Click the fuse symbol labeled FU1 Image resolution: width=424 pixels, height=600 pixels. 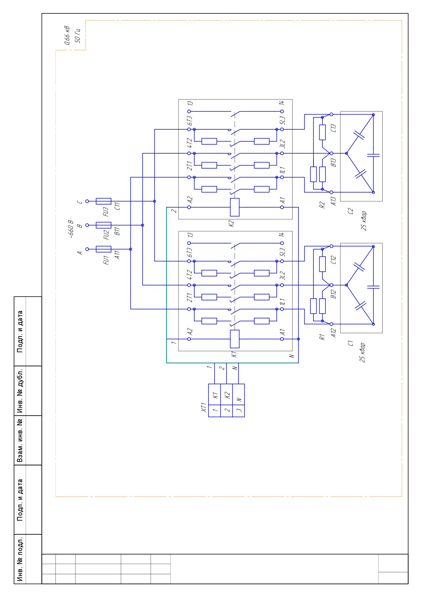pos(104,249)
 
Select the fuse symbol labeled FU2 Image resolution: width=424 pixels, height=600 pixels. pos(104,225)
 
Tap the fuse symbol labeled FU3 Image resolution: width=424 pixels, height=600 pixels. pos(104,201)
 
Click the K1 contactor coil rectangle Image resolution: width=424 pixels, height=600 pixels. pos(235,339)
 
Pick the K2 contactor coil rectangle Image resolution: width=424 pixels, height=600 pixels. pos(235,207)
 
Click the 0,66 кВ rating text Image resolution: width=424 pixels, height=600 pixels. pos(67,35)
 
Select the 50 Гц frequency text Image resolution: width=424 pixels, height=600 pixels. pos(77,35)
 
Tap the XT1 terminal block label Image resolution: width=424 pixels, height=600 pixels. pos(204,407)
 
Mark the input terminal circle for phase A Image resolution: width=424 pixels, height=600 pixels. pos(87,249)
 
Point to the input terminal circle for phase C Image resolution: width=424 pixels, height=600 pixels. pos(87,201)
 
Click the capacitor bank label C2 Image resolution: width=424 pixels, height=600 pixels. pos(350,211)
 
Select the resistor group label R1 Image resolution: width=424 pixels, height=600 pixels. pos(322,337)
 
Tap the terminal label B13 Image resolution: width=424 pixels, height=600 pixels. pos(334,162)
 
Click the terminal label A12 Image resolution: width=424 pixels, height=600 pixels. pos(334,333)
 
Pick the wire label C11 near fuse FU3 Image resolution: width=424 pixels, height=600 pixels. pos(117,206)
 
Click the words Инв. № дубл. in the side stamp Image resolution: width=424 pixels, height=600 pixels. pos(20,391)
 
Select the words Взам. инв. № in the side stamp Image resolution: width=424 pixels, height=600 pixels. pos(20,440)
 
